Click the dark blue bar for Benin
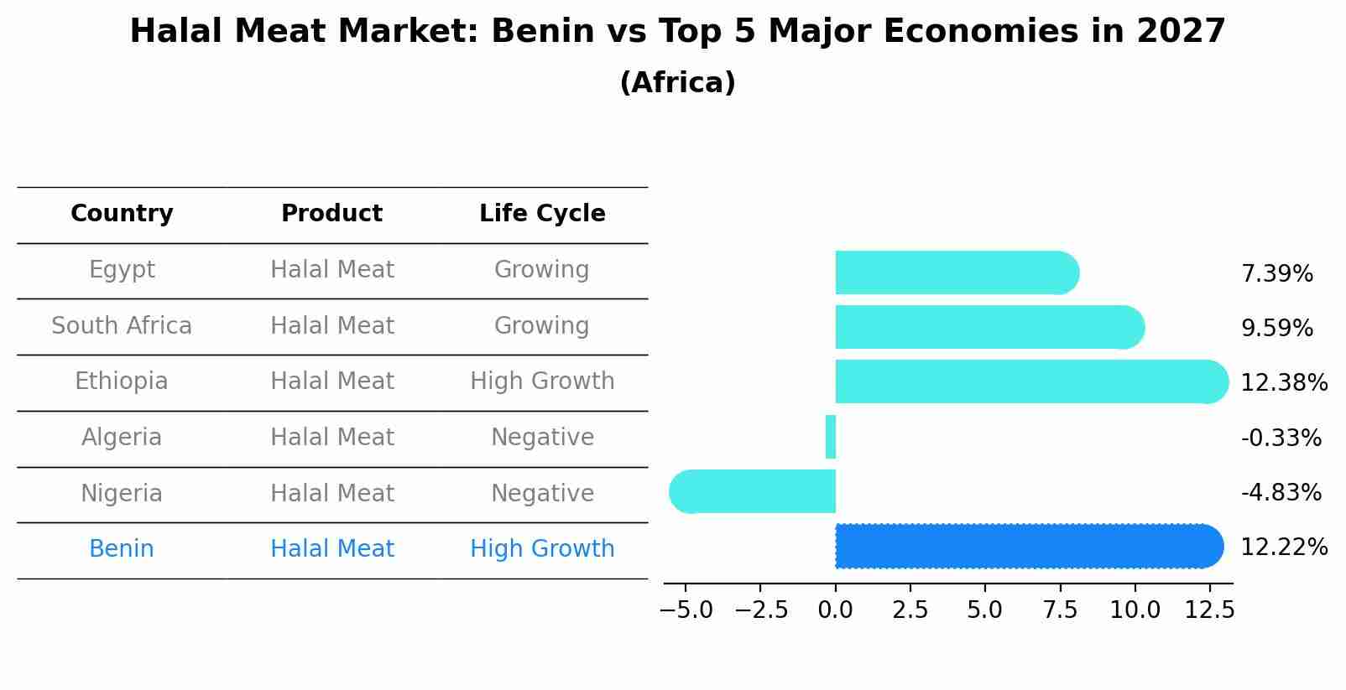[x=1028, y=546]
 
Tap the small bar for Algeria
[x=831, y=437]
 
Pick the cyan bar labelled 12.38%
[x=1030, y=381]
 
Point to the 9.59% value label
[x=1276, y=328]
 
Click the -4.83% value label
[x=1281, y=492]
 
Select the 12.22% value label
[x=1283, y=547]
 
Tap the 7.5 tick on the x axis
[x=1060, y=610]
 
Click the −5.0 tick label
[x=686, y=610]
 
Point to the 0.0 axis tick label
[x=836, y=610]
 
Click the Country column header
[x=122, y=214]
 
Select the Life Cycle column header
[x=542, y=214]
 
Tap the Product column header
[x=331, y=214]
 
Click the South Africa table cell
[x=122, y=325]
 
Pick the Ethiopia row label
[x=122, y=381]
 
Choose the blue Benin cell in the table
[x=122, y=549]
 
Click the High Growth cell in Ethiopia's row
[x=542, y=381]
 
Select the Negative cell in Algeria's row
[x=542, y=437]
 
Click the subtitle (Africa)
[x=677, y=83]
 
